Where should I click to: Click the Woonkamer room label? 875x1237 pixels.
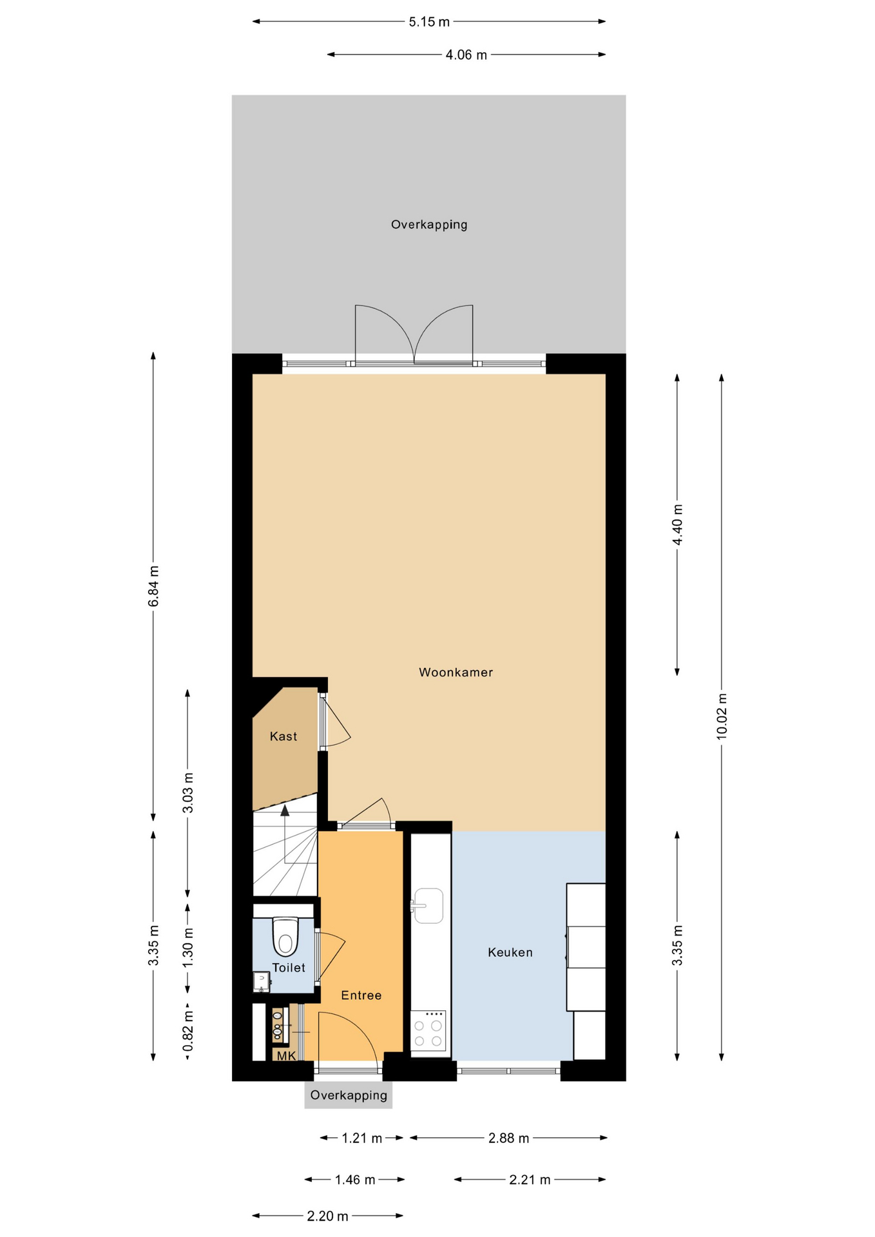[456, 673]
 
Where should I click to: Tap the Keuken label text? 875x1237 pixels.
[510, 952]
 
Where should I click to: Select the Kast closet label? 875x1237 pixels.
[284, 736]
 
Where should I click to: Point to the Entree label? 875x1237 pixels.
[361, 995]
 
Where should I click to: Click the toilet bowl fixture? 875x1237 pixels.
[285, 936]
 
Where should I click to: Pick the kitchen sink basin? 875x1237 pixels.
[428, 905]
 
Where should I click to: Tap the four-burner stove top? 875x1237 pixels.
[428, 1031]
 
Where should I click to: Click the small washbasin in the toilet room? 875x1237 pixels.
[262, 982]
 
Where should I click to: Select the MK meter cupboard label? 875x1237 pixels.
[286, 1056]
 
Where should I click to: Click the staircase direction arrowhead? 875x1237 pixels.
[285, 810]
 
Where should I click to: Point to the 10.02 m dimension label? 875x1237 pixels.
[722, 716]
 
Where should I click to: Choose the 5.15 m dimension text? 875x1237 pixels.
[429, 22]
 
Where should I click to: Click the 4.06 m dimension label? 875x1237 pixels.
[466, 55]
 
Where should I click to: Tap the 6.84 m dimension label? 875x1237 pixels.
[153, 586]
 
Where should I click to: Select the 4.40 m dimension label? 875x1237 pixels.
[677, 524]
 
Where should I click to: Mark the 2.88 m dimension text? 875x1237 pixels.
[508, 1138]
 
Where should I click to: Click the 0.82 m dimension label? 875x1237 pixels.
[188, 1030]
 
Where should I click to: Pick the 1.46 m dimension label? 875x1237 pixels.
[355, 1180]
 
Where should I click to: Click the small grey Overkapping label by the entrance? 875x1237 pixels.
[349, 1095]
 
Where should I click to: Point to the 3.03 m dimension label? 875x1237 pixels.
[188, 792]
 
